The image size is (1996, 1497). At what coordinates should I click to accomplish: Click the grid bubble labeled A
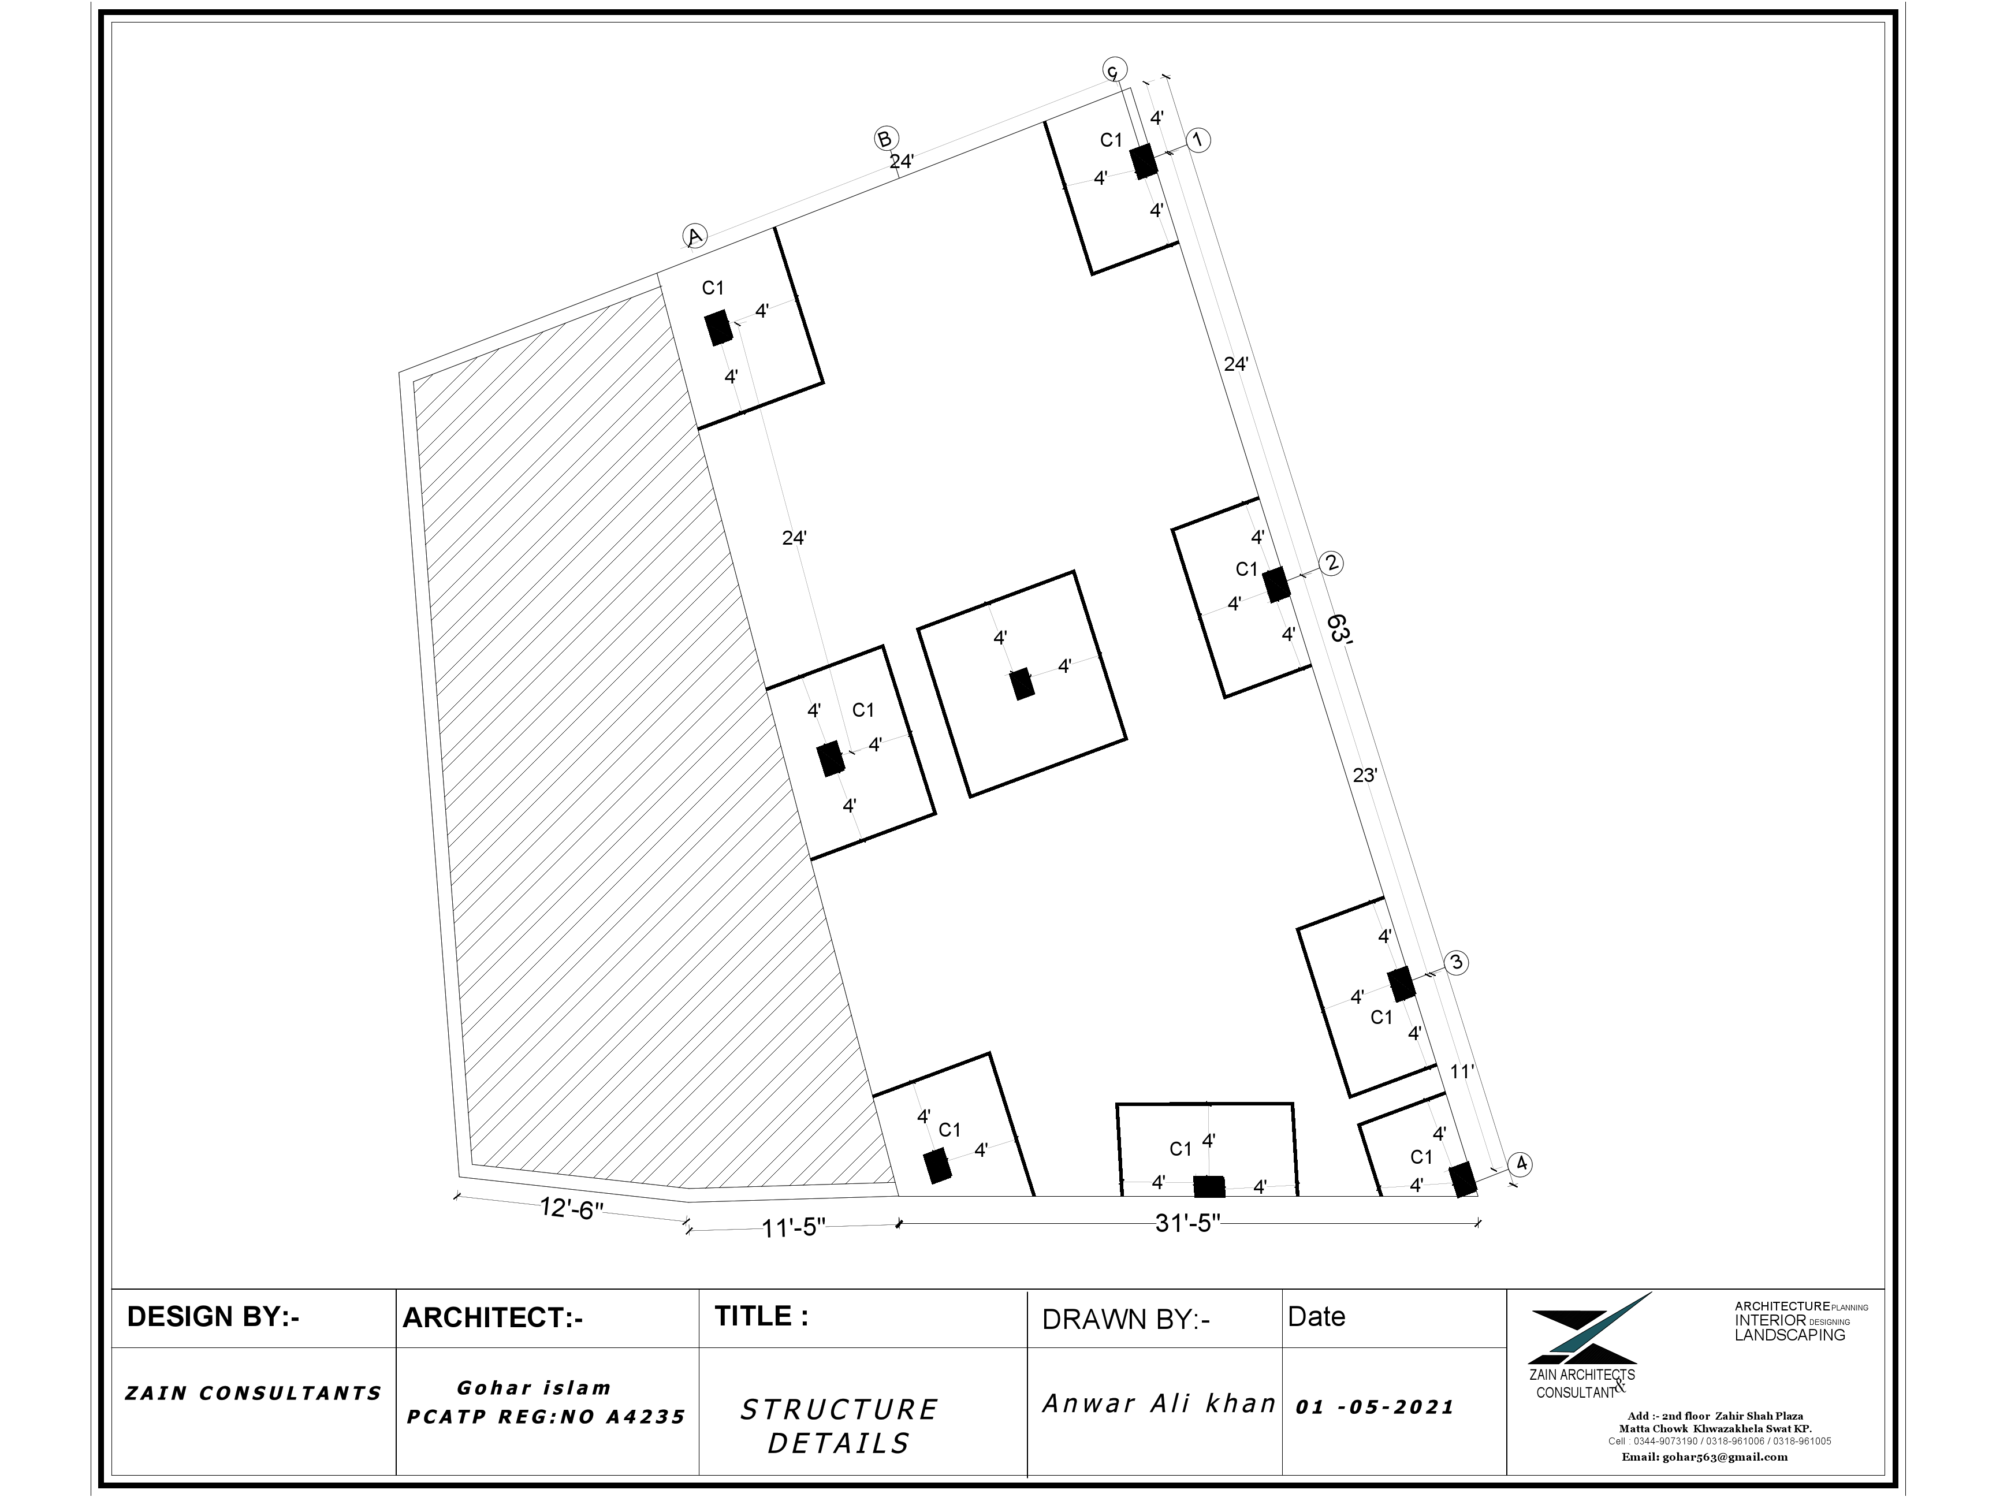[694, 236]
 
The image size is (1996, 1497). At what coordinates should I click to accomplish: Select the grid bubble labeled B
[884, 139]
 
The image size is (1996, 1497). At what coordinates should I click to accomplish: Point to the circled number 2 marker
[1331, 563]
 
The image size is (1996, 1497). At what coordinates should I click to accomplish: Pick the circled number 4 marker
[1521, 1164]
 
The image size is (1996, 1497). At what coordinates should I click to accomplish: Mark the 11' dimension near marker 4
[1461, 1071]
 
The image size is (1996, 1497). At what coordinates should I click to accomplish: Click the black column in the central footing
[1022, 684]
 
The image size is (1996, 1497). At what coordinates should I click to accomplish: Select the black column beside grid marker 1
[1144, 161]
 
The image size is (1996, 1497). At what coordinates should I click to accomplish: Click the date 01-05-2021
[1375, 1407]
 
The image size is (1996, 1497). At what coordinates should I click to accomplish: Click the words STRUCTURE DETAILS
[839, 1426]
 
